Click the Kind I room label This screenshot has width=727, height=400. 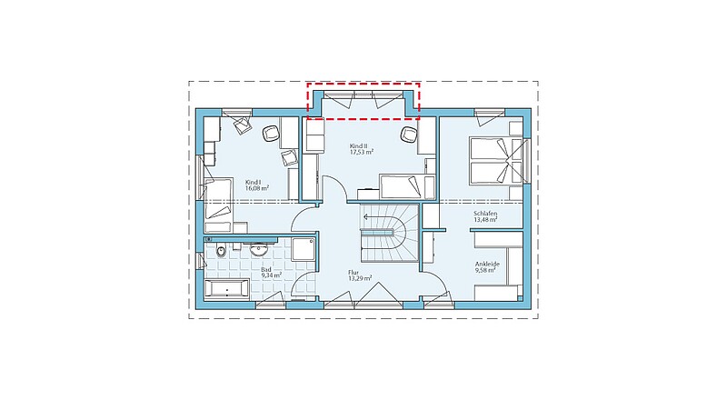pyautogui.click(x=253, y=183)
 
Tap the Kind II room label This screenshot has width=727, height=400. pyautogui.click(x=358, y=145)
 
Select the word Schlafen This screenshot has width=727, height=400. pyautogui.click(x=485, y=214)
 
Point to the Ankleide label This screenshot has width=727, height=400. pyautogui.click(x=487, y=264)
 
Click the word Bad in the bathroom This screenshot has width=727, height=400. pyautogui.click(x=266, y=270)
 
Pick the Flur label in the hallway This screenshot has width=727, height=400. pyautogui.click(x=354, y=273)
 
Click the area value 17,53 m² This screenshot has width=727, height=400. pyautogui.click(x=362, y=152)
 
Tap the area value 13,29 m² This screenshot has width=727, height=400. pyautogui.click(x=360, y=278)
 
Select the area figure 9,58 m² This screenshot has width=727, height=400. pyautogui.click(x=485, y=270)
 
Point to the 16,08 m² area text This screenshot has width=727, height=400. pyautogui.click(x=257, y=188)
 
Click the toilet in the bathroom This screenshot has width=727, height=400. pyautogui.click(x=221, y=250)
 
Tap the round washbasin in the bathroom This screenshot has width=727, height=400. pyautogui.click(x=258, y=250)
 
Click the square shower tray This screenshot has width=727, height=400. pyautogui.click(x=304, y=249)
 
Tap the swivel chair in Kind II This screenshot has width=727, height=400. pyautogui.click(x=408, y=135)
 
